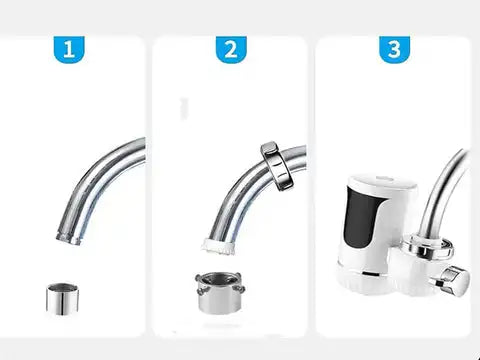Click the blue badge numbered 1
tap(69, 49)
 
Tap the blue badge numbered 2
tap(231, 49)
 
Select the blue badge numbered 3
tap(394, 49)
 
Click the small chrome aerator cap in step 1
tap(62, 299)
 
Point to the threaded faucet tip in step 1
tap(69, 238)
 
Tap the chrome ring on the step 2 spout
tap(277, 166)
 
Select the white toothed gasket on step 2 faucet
tap(218, 246)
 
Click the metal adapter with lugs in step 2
tap(220, 293)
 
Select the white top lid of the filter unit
tap(383, 182)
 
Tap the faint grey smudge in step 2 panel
tap(184, 108)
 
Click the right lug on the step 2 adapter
tap(240, 288)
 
